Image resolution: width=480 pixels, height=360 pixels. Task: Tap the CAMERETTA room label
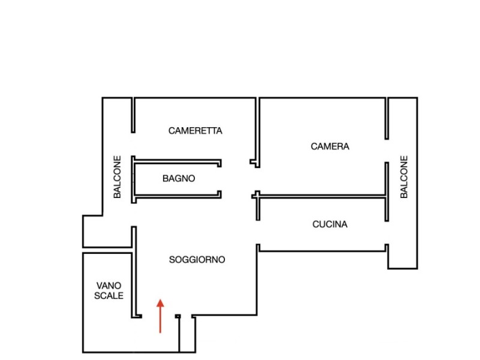pyautogui.click(x=195, y=130)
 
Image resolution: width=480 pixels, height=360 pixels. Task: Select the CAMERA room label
pyautogui.click(x=329, y=146)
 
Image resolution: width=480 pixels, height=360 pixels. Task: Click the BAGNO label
pyautogui.click(x=179, y=178)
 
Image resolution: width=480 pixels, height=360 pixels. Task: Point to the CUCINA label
pyautogui.click(x=329, y=224)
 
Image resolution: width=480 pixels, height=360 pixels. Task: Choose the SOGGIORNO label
pyautogui.click(x=197, y=260)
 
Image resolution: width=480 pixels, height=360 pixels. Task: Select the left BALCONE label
pyautogui.click(x=118, y=177)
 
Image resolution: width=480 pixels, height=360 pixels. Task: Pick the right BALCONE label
pyautogui.click(x=404, y=177)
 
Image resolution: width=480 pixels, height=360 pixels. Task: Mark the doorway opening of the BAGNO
pyautogui.click(x=220, y=178)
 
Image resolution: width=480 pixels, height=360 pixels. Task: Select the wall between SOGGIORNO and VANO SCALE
pyautogui.click(x=134, y=270)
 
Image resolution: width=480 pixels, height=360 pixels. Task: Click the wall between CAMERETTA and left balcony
pyautogui.click(x=133, y=115)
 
